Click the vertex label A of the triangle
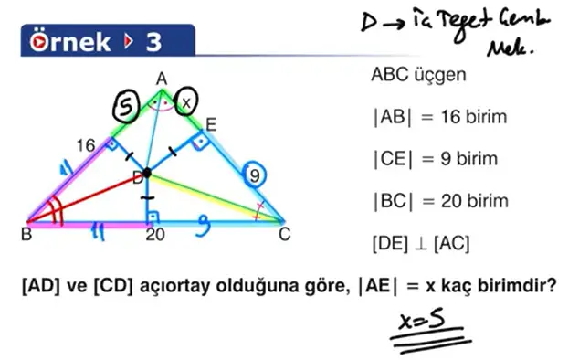point(162,80)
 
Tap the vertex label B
point(26,235)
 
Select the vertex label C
point(285,233)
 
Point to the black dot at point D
point(146,172)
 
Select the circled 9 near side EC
point(258,175)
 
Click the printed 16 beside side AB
point(86,145)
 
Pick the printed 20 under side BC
point(156,235)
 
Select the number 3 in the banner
point(153,41)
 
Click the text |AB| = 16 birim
point(438,118)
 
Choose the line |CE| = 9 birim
point(434,159)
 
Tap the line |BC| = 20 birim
point(439,201)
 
